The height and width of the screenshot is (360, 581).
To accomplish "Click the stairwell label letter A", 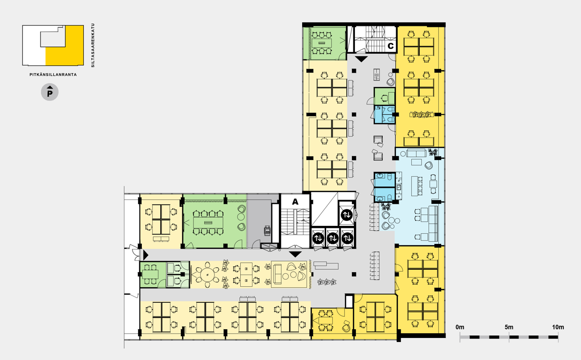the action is pyautogui.click(x=295, y=201).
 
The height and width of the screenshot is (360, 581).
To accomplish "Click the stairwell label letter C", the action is pyautogui.click(x=390, y=46).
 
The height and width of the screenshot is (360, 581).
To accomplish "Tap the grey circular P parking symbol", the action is pyautogui.click(x=50, y=92).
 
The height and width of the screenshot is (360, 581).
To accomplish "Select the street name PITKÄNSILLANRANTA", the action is pyautogui.click(x=53, y=75).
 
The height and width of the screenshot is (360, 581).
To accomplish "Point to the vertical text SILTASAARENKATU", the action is pyautogui.click(x=93, y=45).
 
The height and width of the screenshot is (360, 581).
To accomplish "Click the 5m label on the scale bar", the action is pyautogui.click(x=509, y=327).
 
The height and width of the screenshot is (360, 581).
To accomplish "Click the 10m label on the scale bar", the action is pyautogui.click(x=558, y=327).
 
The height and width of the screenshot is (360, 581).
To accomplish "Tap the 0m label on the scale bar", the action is pyautogui.click(x=460, y=327).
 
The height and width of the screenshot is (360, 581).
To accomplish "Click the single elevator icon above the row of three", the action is pyautogui.click(x=347, y=215).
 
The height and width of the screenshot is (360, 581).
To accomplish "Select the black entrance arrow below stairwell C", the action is pyautogui.click(x=361, y=59).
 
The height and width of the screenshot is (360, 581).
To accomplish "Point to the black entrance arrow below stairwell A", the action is pyautogui.click(x=295, y=254).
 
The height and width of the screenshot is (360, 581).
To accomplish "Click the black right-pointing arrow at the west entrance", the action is pyautogui.click(x=146, y=255).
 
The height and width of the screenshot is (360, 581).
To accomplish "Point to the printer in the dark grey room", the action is pyautogui.click(x=267, y=230).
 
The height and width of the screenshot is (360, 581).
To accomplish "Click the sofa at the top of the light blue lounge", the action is pyautogui.click(x=416, y=153).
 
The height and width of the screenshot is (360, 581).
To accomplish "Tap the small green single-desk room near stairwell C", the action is pyautogui.click(x=385, y=97).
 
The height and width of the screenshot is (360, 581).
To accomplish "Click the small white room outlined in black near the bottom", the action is pyautogui.click(x=349, y=301).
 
